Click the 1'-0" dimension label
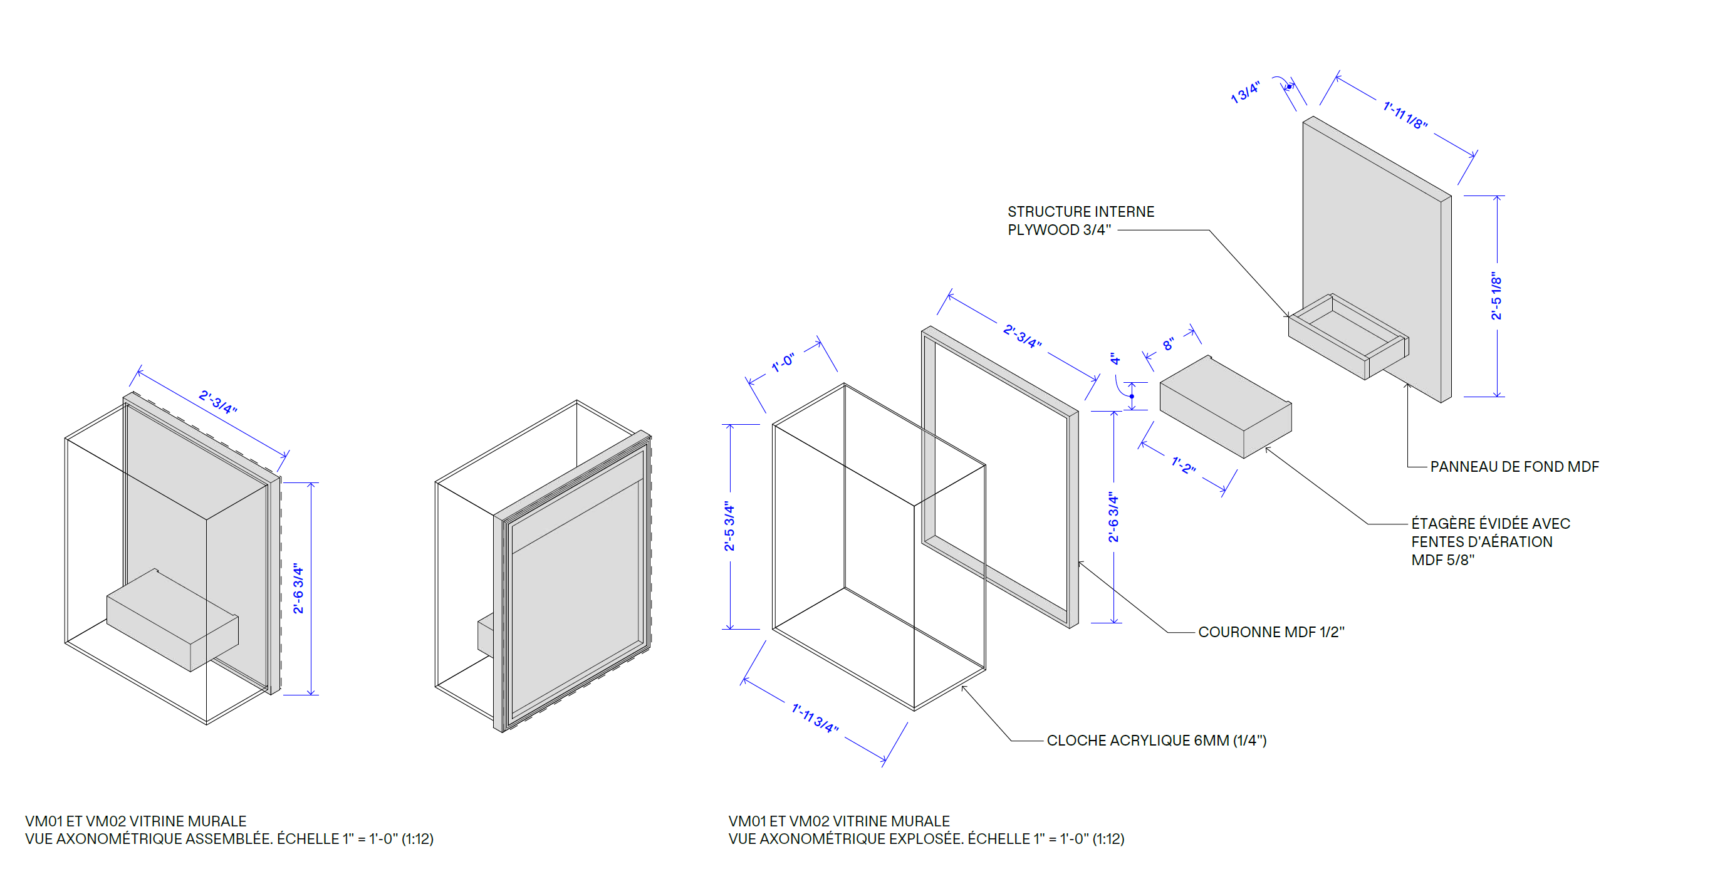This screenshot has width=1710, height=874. (x=783, y=363)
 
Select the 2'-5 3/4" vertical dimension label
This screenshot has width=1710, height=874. (x=729, y=526)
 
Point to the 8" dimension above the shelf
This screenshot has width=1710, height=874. (x=1169, y=344)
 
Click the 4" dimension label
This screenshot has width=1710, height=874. (x=1115, y=359)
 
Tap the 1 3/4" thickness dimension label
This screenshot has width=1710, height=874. (x=1245, y=92)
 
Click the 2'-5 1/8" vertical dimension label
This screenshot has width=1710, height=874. (x=1496, y=295)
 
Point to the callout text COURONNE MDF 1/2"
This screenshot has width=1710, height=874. (x=1271, y=632)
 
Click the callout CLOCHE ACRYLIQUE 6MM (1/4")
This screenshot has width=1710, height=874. (x=1156, y=740)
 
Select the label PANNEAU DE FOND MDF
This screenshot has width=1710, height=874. (x=1514, y=467)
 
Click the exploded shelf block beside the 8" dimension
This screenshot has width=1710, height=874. (x=1226, y=406)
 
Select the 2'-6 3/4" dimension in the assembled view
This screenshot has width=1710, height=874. (x=298, y=589)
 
